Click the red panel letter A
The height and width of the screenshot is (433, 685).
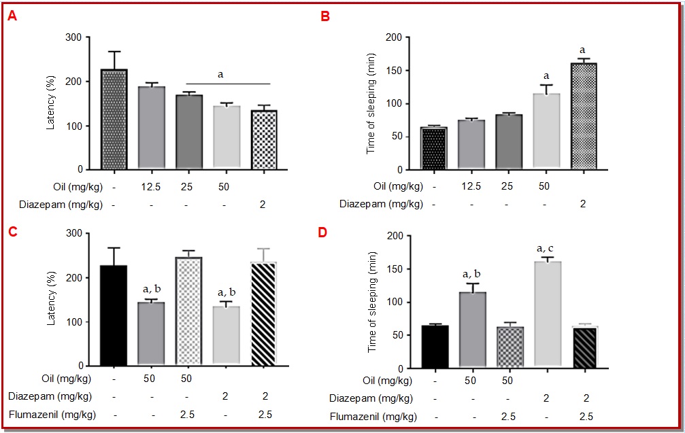[12, 17]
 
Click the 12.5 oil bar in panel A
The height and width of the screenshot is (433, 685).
[152, 128]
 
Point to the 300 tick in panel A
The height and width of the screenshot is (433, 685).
[80, 37]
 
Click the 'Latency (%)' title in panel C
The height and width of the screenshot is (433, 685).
[52, 298]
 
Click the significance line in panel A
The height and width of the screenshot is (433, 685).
[229, 84]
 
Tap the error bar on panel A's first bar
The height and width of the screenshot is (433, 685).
[114, 60]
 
